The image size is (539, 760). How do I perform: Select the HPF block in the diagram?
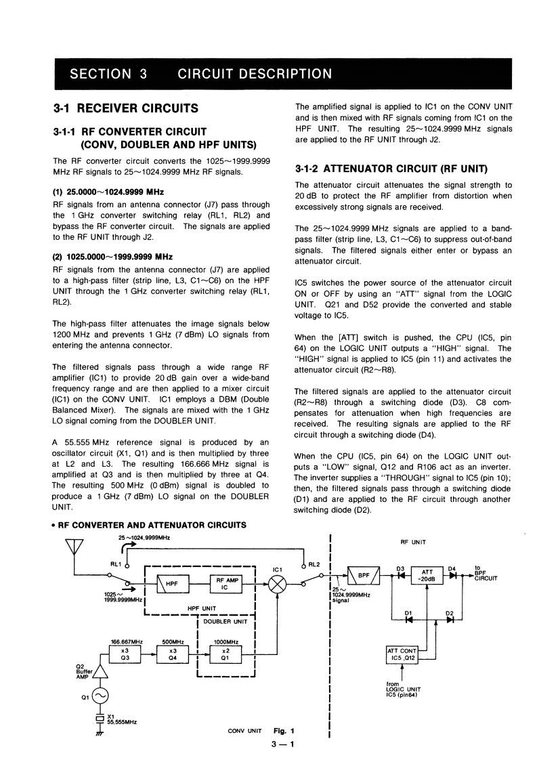[x=171, y=583]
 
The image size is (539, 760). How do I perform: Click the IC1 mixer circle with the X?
[x=278, y=583]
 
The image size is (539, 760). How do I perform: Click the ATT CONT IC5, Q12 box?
[x=402, y=654]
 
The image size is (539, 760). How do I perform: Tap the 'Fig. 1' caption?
[x=284, y=731]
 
